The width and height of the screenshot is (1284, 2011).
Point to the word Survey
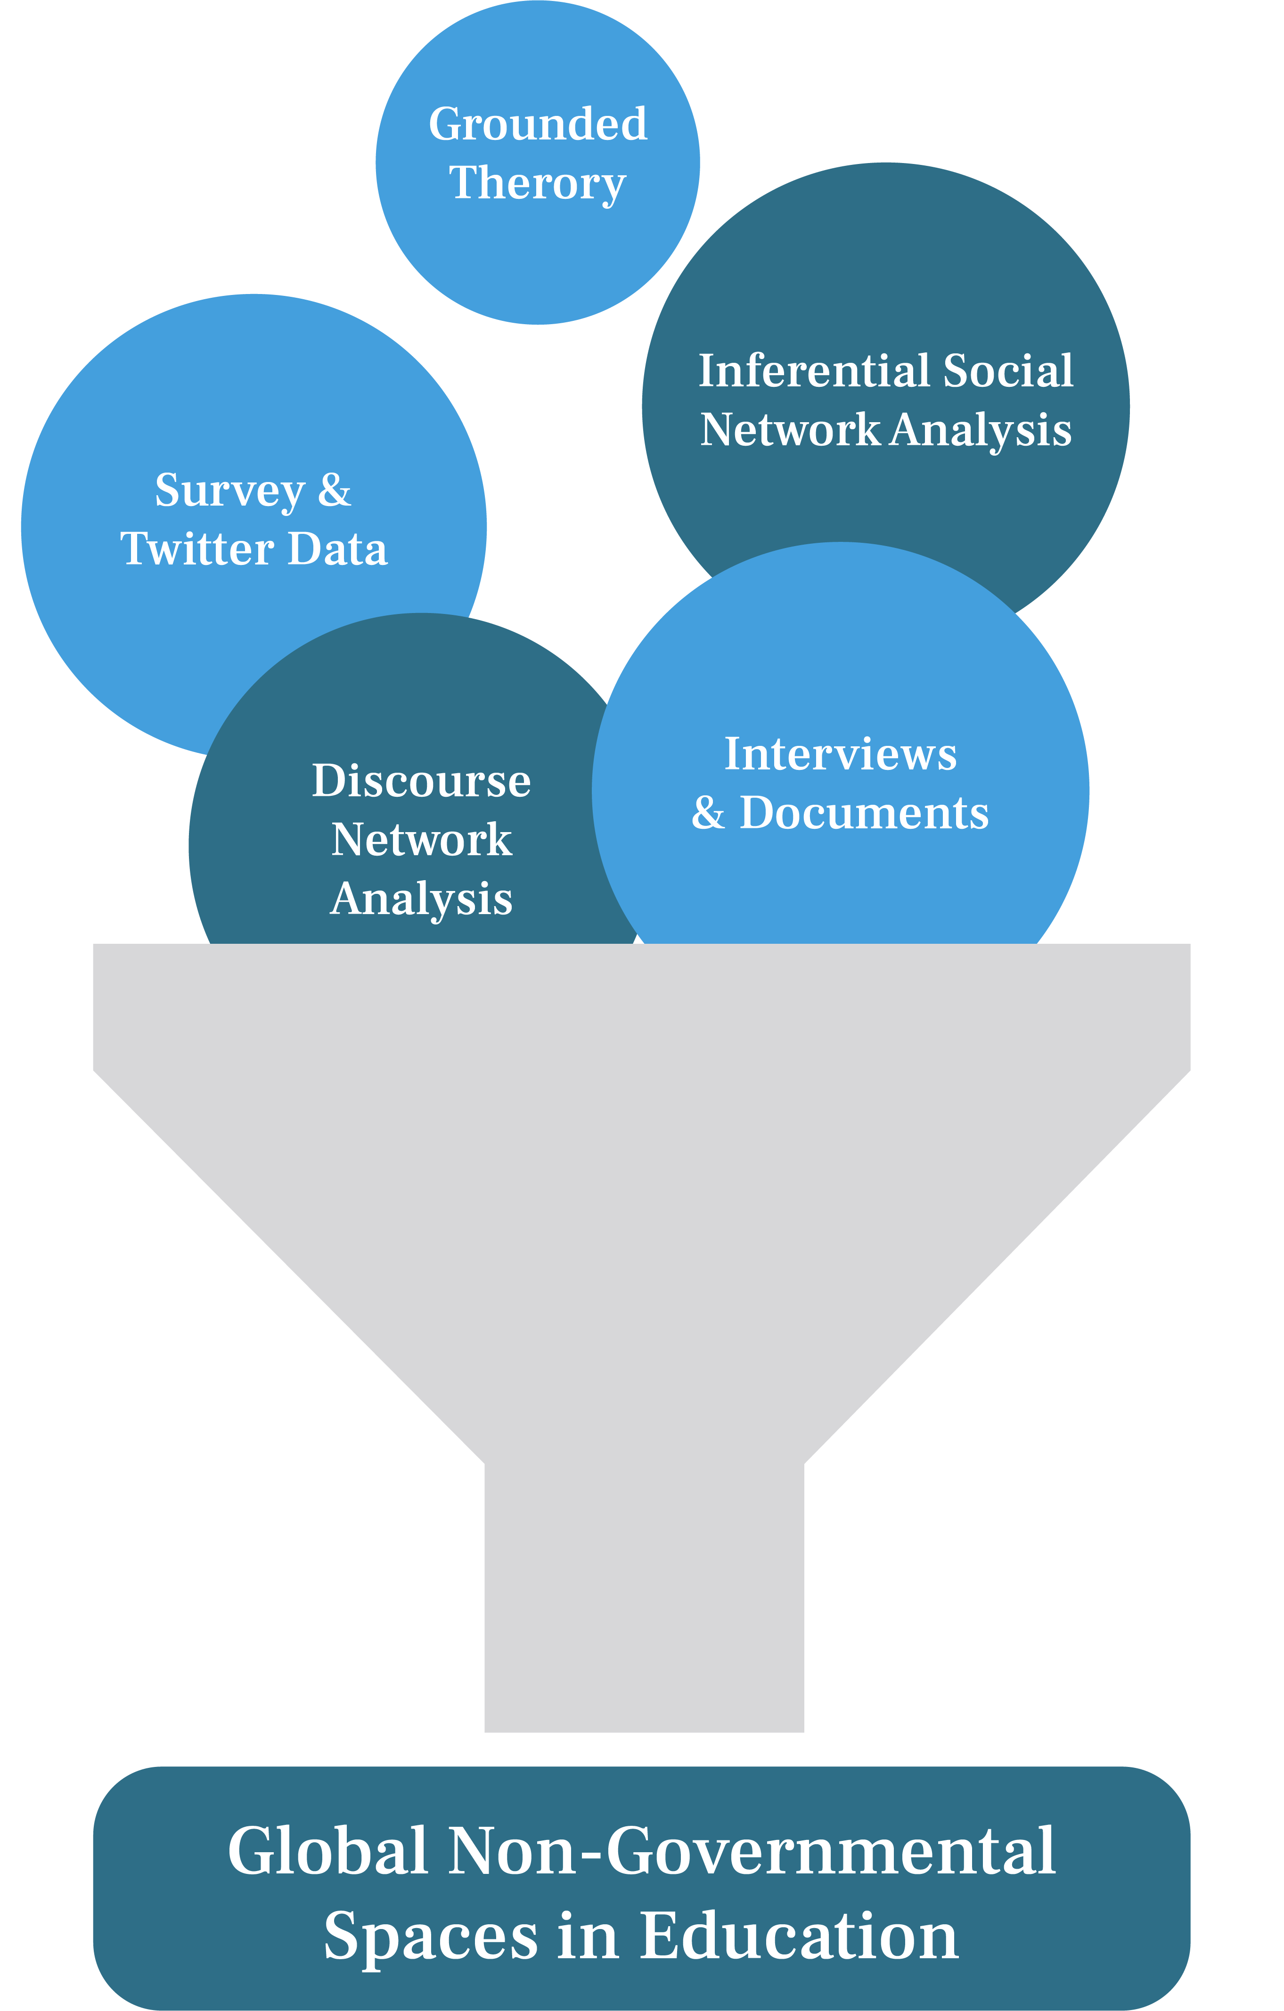230,491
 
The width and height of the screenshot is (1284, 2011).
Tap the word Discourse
421,781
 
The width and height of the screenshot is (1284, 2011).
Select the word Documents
864,813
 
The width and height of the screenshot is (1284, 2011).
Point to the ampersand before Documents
708,813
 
